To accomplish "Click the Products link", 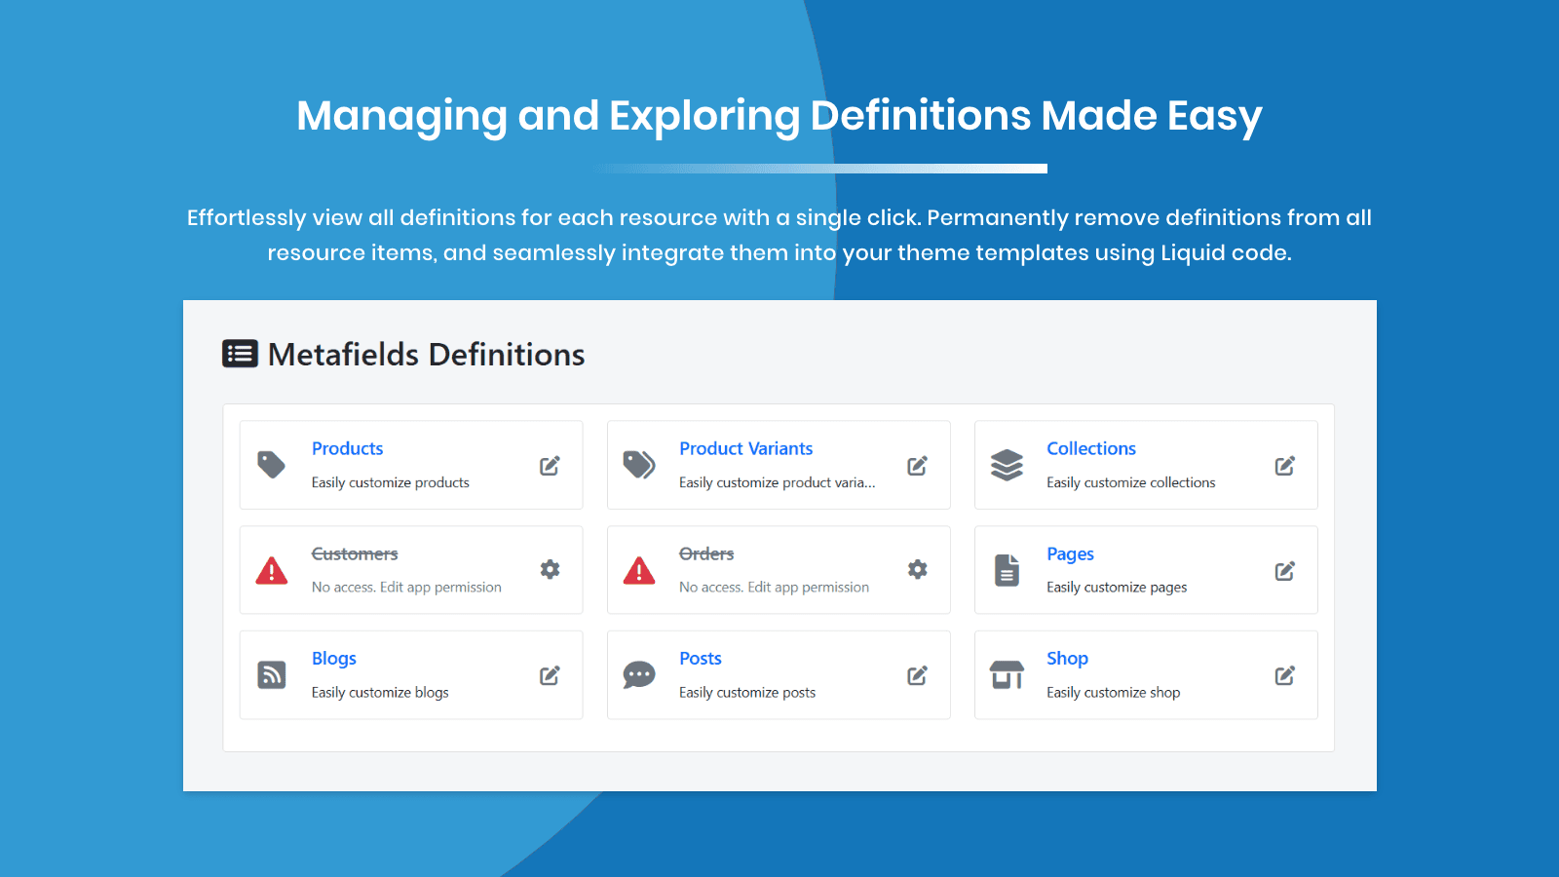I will coord(347,448).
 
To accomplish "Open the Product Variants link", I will coord(745,448).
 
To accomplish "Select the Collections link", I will coord(1090,448).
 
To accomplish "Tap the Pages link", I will coord(1070,553).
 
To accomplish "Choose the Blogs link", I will coord(333,659).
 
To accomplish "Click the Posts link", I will coord(700,659).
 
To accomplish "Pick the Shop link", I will coord(1067,659).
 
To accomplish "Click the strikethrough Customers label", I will coord(355,553).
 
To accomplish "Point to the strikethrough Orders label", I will coord(706,553).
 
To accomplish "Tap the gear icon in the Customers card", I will coord(550,569).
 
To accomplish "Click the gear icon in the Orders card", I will coord(917,569).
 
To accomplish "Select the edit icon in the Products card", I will coord(550,466).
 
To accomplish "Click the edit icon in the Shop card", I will coord(1284,675).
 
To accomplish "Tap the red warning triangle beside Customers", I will coord(272,571).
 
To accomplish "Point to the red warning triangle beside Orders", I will coord(639,571).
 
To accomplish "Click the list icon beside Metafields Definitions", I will coord(240,354).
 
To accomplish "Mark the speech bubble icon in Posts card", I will coord(639,674).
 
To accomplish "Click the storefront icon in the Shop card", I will coord(1007,674).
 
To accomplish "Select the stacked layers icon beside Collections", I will coord(1007,465).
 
